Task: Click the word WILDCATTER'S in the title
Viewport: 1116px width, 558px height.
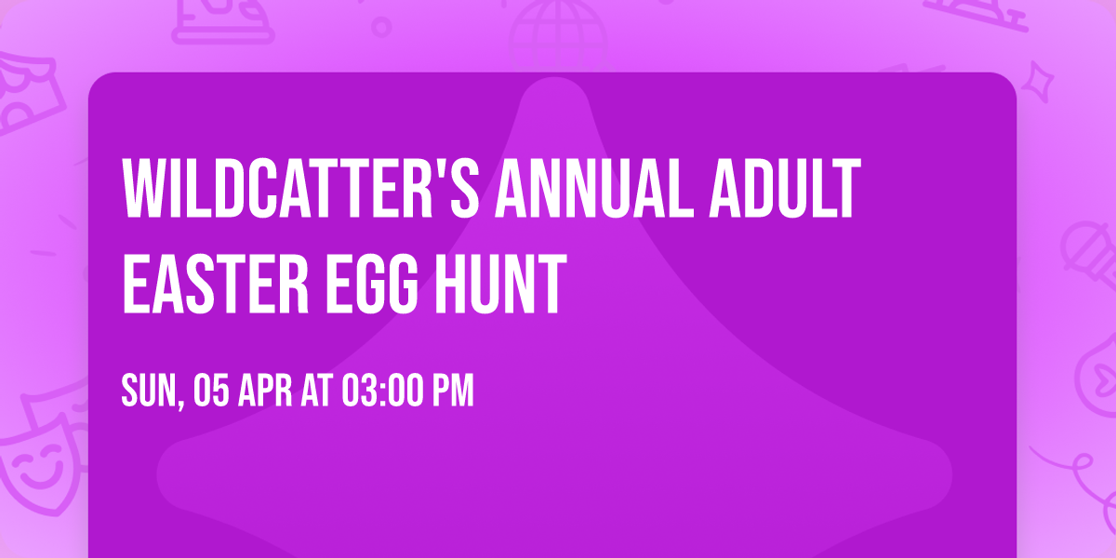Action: pyautogui.click(x=301, y=188)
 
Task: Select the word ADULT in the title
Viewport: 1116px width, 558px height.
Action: pyautogui.click(x=785, y=188)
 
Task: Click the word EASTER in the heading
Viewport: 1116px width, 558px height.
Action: pyautogui.click(x=216, y=284)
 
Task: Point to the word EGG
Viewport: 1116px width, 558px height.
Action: pyautogui.click(x=372, y=284)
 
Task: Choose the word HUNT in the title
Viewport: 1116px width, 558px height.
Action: pyautogui.click(x=501, y=284)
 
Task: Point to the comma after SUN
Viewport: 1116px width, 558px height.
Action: pyautogui.click(x=180, y=403)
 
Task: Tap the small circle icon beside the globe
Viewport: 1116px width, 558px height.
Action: pyautogui.click(x=381, y=27)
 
